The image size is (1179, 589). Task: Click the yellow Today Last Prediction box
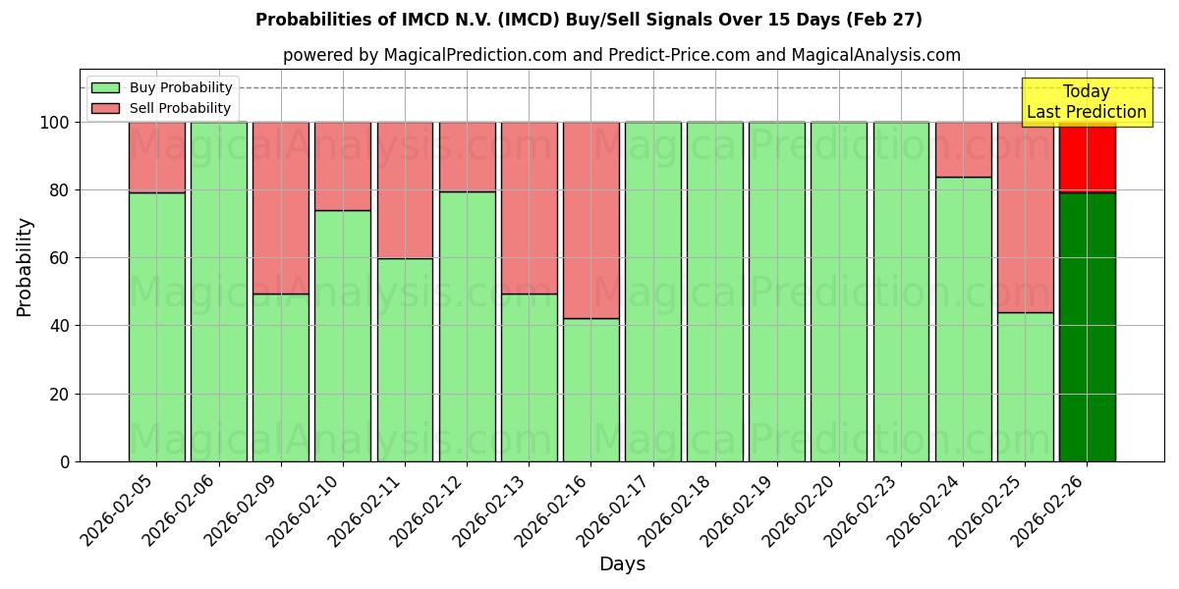1086,102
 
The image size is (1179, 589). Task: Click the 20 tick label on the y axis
64,395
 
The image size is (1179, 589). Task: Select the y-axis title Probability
25,267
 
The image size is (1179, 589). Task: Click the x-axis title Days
622,564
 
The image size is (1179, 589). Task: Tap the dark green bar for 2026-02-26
1087,327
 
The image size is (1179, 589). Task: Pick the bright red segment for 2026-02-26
1087,157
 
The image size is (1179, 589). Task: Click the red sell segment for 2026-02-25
1025,217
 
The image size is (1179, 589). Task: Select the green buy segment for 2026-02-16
591,390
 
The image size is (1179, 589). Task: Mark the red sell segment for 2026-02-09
281,207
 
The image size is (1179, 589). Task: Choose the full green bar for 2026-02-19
777,292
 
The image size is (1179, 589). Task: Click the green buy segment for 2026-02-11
405,359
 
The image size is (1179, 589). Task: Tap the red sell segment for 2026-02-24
963,149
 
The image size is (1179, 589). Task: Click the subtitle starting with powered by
621,55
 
